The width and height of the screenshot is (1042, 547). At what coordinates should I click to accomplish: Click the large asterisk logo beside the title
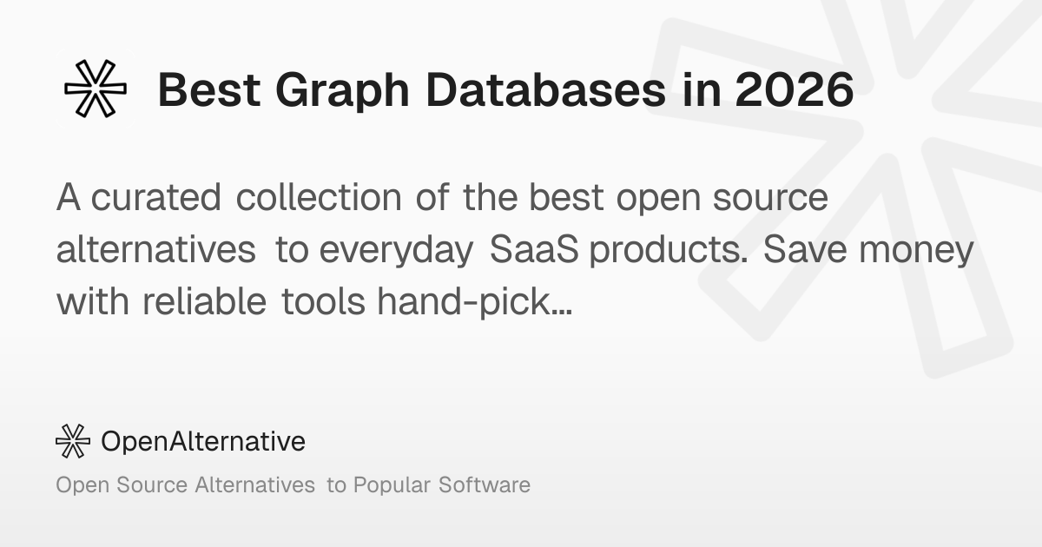tap(96, 89)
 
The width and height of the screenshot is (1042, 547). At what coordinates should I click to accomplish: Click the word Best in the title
tap(209, 89)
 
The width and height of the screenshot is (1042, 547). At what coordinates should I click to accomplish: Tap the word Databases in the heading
tap(546, 89)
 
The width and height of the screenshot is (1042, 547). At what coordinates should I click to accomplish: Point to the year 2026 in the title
tap(795, 89)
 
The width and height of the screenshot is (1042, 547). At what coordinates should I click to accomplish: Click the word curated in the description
tap(155, 197)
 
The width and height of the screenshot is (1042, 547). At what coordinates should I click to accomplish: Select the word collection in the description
tap(319, 197)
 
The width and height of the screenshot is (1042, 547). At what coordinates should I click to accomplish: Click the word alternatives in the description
tap(155, 249)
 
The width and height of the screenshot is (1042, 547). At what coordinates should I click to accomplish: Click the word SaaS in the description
tap(534, 249)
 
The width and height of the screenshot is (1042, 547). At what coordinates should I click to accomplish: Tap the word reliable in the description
tap(204, 301)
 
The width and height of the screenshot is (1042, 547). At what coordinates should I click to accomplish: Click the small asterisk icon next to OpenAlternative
tap(73, 441)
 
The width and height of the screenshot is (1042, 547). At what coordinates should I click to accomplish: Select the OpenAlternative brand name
tap(203, 441)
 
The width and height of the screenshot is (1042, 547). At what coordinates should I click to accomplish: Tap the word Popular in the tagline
tap(392, 485)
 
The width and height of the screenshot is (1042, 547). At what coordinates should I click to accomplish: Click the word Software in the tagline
tap(485, 484)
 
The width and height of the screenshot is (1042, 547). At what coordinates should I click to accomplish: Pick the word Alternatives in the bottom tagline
tap(255, 484)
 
